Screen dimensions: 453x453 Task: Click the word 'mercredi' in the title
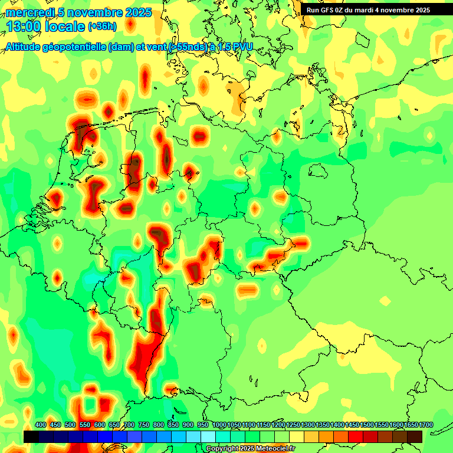[x=30, y=13]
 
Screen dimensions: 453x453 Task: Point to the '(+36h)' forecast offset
[x=103, y=27]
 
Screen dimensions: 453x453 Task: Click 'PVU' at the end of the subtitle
[x=241, y=47]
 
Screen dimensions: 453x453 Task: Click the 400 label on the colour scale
[x=41, y=425]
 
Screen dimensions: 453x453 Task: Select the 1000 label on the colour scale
[x=219, y=425]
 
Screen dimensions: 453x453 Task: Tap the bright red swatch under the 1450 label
[x=356, y=436]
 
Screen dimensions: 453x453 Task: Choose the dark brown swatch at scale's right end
[x=415, y=436]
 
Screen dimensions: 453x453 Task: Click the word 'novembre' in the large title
[x=94, y=13]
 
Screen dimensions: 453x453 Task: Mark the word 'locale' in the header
[x=64, y=27]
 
